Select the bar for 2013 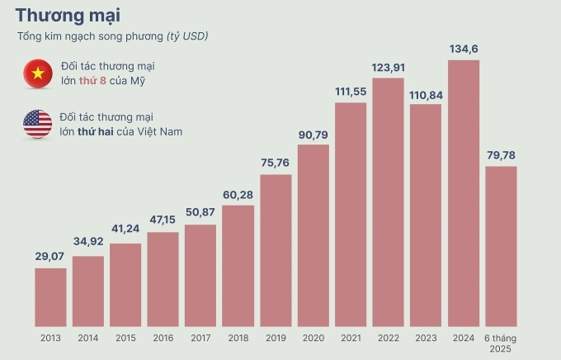pos(50,296)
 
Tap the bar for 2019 pos(276,249)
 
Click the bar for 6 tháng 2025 pos(501,245)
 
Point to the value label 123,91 pos(388,67)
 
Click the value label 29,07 pos(50,257)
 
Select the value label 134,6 pos(464,50)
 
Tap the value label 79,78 pos(501,155)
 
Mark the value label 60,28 pos(238,194)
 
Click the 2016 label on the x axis pos(163,338)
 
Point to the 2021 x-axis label pos(351,338)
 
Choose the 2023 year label pos(426,338)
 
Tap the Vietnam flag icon pos(37,73)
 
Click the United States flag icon pos(37,124)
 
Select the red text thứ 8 pos(91,80)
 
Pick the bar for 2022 pos(388,201)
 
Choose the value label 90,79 pos(313,134)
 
